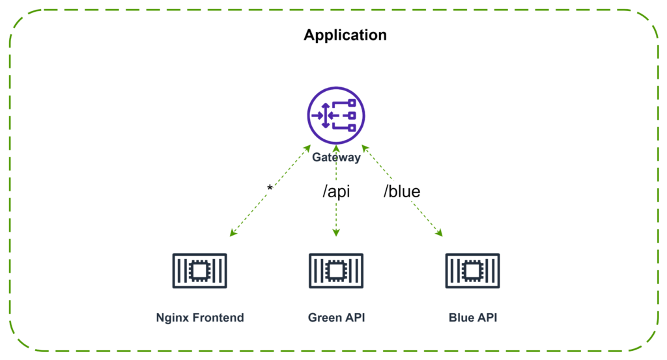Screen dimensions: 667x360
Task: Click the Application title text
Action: click(x=345, y=35)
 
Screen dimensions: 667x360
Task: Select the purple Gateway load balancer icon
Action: click(x=336, y=115)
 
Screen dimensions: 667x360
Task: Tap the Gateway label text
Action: click(x=336, y=158)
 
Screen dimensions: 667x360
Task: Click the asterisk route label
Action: click(x=270, y=188)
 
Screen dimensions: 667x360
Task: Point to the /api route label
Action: click(x=336, y=191)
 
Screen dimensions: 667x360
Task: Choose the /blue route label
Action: click(x=402, y=191)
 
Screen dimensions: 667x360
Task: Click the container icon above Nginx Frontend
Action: click(x=199, y=271)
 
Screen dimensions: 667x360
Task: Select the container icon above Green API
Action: click(x=336, y=271)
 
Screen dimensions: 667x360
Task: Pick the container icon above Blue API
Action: click(x=473, y=271)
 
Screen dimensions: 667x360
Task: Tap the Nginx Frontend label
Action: click(x=200, y=318)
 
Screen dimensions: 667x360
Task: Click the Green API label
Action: click(x=337, y=318)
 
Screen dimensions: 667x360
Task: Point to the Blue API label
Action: click(x=473, y=318)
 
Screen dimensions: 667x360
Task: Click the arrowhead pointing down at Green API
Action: click(x=336, y=233)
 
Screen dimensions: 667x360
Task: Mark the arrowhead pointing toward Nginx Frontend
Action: click(x=233, y=233)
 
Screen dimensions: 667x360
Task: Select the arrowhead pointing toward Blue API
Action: click(x=440, y=233)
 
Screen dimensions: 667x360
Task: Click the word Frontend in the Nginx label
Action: click(x=218, y=318)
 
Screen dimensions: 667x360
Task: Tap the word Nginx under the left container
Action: click(x=173, y=318)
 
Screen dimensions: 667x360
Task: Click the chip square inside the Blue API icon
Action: click(x=473, y=271)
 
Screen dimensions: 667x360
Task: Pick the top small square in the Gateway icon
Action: click(x=352, y=103)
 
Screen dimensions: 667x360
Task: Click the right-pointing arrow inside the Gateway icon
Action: click(x=317, y=115)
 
